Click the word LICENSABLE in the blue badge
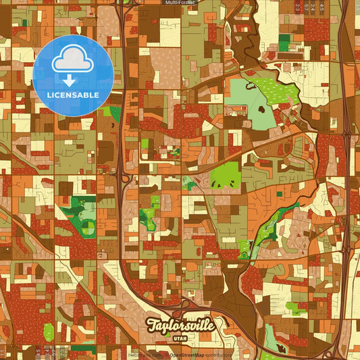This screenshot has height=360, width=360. click(x=73, y=94)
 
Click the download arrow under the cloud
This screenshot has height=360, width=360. click(x=70, y=80)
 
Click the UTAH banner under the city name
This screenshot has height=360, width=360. click(x=181, y=338)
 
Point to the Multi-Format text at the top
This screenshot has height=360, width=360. click(x=180, y=3)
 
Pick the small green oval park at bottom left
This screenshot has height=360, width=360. click(x=49, y=332)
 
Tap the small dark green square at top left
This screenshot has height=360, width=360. click(x=25, y=22)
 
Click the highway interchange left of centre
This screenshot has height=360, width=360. click(x=124, y=178)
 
